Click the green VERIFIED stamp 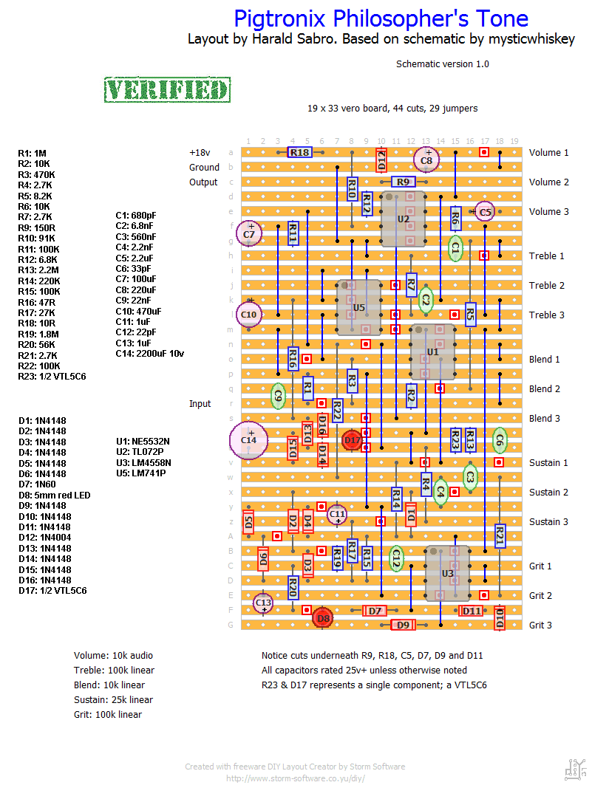(167, 89)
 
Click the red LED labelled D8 (322, 617)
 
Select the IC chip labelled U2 (403, 219)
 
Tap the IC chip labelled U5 (358, 307)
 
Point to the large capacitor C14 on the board (248, 440)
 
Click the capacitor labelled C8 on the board (426, 160)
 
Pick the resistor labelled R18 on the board (299, 152)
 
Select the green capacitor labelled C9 (278, 396)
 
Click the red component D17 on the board (353, 441)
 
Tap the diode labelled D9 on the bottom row (403, 625)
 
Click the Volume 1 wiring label (549, 153)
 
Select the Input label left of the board (200, 404)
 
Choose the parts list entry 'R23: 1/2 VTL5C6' (51, 376)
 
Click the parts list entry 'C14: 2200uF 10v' (149, 354)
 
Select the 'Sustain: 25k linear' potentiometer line (113, 699)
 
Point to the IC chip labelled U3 (447, 573)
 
